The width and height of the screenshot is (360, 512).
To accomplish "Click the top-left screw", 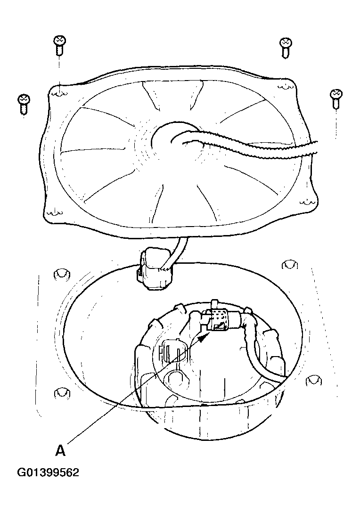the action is (60, 45).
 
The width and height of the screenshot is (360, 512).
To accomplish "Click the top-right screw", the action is (286, 48).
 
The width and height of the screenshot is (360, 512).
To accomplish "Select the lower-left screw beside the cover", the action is (24, 104).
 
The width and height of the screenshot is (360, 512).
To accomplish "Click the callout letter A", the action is (60, 450).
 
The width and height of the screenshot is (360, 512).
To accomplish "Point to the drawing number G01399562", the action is (49, 472).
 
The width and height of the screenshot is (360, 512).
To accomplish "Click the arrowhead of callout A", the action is (204, 336).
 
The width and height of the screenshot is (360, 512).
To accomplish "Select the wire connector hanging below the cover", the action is (154, 269).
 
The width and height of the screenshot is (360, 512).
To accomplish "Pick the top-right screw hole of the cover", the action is (285, 86).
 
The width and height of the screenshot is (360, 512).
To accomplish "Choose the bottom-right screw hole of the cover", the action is (308, 203).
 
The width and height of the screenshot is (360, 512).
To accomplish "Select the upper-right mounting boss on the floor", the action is (290, 265).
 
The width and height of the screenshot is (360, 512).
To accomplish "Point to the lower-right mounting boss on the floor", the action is (314, 381).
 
